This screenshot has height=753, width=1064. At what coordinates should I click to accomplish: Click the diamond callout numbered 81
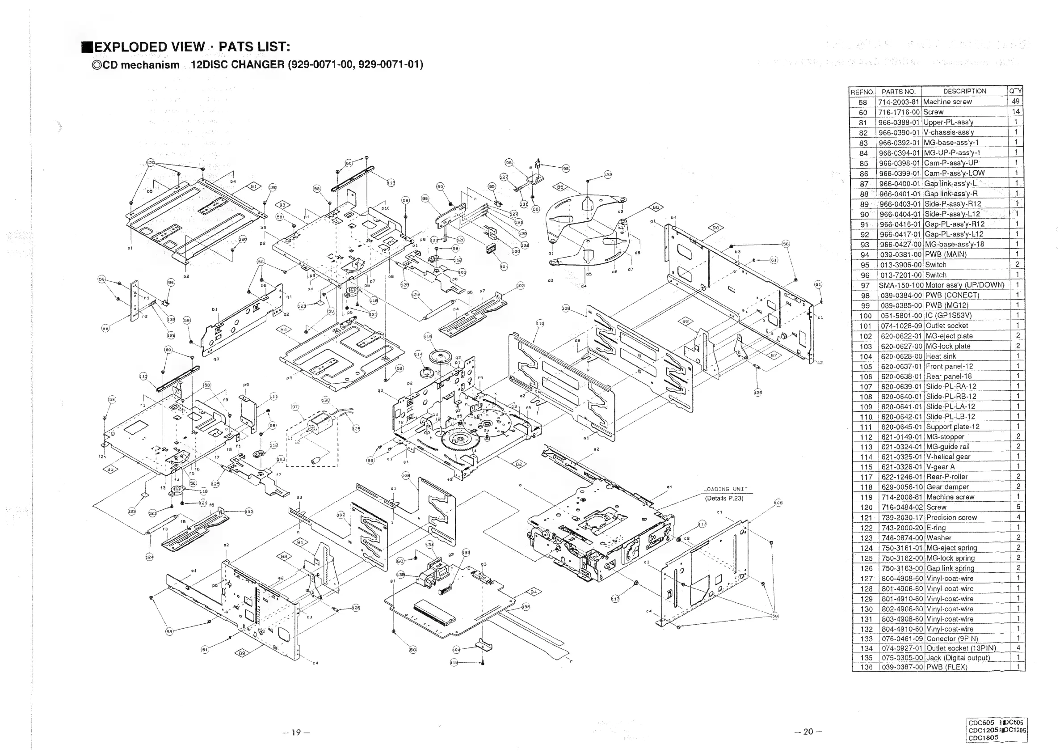[254, 186]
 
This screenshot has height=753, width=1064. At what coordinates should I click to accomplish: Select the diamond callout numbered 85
[560, 187]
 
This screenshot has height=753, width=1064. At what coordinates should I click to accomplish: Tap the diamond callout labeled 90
[716, 228]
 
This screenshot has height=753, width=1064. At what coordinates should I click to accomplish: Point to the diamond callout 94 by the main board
[534, 592]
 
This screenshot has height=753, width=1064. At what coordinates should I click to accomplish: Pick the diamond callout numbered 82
[519, 464]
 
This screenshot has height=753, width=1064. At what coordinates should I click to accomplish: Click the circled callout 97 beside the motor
[295, 406]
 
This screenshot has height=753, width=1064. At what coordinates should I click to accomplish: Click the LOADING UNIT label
[725, 489]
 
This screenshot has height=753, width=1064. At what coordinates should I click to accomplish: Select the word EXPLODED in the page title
[130, 47]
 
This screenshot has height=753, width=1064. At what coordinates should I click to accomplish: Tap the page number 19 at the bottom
[296, 732]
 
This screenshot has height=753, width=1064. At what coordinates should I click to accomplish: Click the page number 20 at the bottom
[808, 731]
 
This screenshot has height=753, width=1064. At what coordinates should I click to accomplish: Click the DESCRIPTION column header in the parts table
[964, 91]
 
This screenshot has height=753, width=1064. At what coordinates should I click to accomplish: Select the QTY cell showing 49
[1015, 101]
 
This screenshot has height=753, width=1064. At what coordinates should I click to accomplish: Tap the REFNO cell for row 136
[866, 667]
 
